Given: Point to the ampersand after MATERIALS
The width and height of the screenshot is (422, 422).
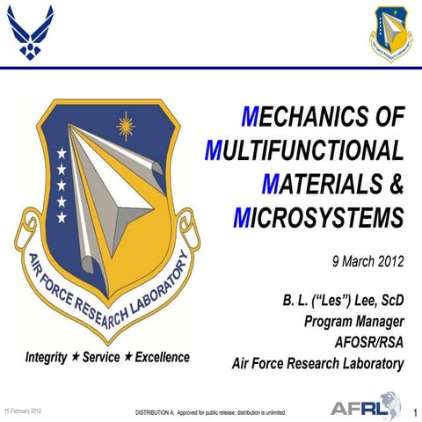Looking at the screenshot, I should [x=396, y=182].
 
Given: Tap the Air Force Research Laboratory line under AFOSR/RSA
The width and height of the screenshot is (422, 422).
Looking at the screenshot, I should [x=317, y=362].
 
